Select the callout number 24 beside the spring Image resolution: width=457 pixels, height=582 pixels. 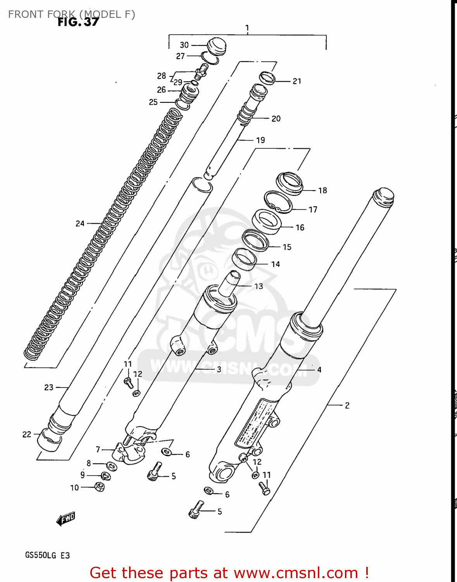click(80, 223)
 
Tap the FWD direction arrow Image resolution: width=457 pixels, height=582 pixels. click(66, 519)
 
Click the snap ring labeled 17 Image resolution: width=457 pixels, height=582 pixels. click(278, 202)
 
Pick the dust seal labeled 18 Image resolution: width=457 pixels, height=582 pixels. click(289, 183)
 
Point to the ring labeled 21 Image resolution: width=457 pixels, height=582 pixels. click(267, 78)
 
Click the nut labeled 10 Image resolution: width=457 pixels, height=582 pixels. click(99, 487)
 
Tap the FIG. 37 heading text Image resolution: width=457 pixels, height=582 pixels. click(78, 22)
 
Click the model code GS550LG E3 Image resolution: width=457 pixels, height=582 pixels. click(47, 555)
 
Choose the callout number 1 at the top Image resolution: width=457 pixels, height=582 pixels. click(247, 28)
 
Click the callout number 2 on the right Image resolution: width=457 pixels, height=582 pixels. click(347, 405)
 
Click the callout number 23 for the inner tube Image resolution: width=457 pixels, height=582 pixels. click(48, 387)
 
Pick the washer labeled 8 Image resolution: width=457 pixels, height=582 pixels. click(111, 466)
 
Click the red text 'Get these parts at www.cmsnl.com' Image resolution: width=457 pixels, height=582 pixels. click(229, 573)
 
